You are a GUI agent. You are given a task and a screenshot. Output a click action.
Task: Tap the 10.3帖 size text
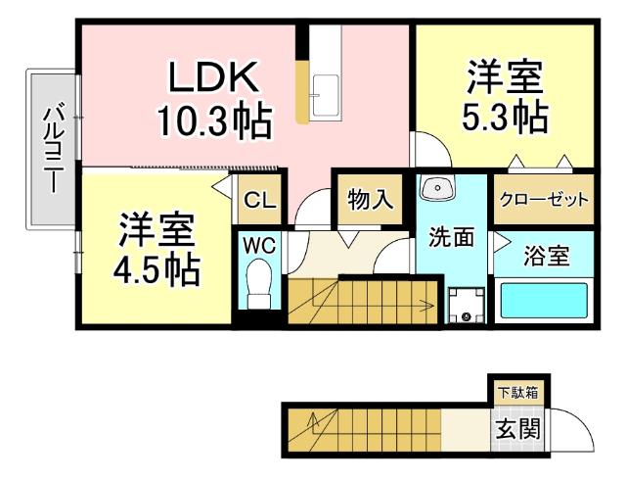214,120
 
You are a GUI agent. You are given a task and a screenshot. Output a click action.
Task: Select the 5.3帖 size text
504,118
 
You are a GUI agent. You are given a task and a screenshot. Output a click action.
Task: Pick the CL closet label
259,202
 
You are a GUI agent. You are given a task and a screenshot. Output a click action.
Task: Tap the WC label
259,243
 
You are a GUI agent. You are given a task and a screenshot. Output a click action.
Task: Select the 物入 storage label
371,200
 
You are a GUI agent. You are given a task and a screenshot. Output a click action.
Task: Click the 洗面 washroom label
451,236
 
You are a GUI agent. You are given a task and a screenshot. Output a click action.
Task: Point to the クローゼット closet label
544,200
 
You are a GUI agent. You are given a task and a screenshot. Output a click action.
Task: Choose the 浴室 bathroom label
547,257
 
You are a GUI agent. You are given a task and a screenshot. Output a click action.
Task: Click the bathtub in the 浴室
543,300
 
